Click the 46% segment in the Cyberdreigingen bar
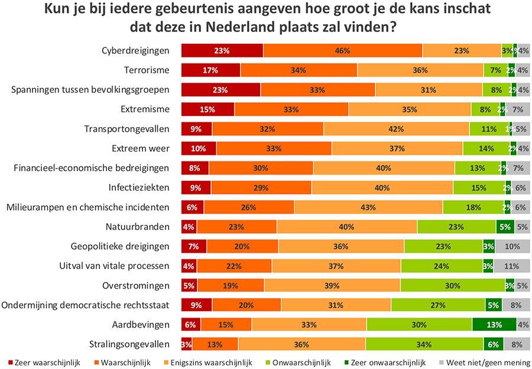pyautogui.click(x=343, y=50)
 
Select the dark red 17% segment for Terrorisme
pyautogui.click(x=210, y=70)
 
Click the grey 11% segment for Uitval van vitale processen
pyautogui.click(x=512, y=266)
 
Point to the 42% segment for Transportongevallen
pyautogui.click(x=396, y=128)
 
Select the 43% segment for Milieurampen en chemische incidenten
pyautogui.click(x=368, y=207)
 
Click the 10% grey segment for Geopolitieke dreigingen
pyautogui.click(x=512, y=246)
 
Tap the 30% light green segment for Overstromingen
pyautogui.click(x=453, y=285)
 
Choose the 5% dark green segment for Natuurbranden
pyautogui.click(x=505, y=226)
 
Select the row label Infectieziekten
pyautogui.click(x=139, y=187)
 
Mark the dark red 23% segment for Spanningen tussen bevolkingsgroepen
pyautogui.click(x=220, y=89)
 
